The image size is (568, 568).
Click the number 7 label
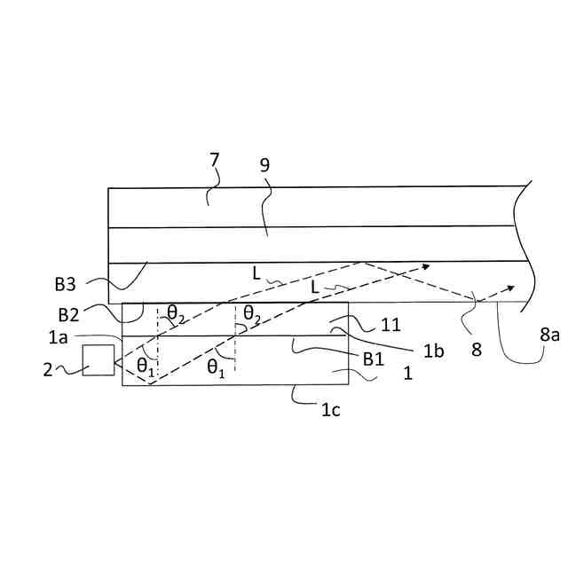pos(214,161)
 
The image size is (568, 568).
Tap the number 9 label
pos(264,165)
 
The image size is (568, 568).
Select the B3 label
pos(66,285)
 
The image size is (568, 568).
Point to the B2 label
pos(69,314)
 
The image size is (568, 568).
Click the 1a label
pos(58,337)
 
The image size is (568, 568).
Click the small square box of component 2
pos(99,359)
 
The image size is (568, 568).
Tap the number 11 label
pos(391,326)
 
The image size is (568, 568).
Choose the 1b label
pos(433,351)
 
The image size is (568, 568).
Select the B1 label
pos(373,359)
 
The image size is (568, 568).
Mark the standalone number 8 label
pos(477,350)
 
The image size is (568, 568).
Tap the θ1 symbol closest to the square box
pos(145,367)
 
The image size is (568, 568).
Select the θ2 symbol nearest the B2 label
pos(176,312)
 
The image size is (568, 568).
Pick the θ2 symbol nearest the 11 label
pos(252,312)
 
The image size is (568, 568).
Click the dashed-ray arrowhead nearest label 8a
pos(511,288)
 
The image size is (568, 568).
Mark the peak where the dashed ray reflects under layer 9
pos(362,262)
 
